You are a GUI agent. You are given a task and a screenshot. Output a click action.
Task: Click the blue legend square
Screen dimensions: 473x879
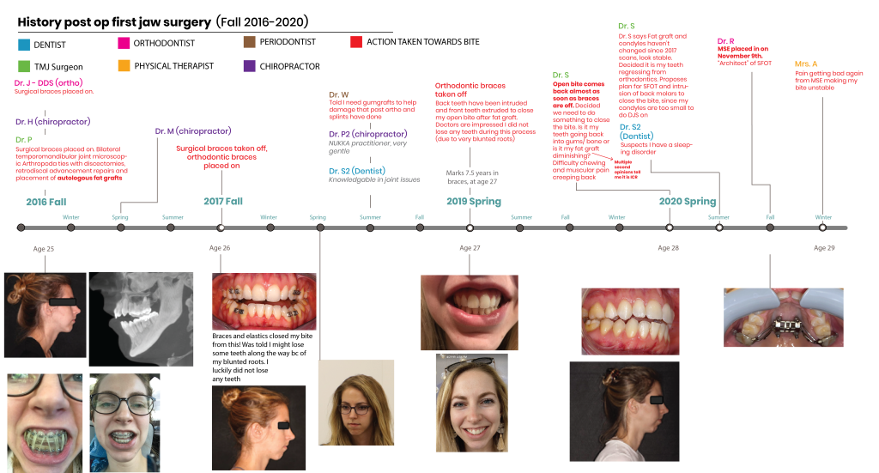click(x=24, y=44)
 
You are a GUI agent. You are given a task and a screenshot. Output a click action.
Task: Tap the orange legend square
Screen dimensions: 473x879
click(x=124, y=65)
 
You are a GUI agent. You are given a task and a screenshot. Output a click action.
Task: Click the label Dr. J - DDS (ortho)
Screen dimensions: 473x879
click(x=48, y=82)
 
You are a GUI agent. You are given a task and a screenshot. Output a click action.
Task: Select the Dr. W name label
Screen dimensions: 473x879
click(x=339, y=94)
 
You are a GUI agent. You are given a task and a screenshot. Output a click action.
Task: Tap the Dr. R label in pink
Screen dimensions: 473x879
click(x=725, y=41)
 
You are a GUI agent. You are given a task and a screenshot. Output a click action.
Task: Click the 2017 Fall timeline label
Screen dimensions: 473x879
click(x=223, y=201)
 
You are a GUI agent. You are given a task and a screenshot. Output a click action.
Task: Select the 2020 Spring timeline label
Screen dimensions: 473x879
click(x=687, y=201)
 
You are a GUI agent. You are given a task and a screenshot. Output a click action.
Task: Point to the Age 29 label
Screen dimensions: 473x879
click(x=824, y=247)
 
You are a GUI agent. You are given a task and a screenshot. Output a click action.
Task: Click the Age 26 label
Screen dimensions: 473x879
click(x=220, y=247)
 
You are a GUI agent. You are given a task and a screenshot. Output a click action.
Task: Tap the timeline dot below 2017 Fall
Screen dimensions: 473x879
click(x=221, y=227)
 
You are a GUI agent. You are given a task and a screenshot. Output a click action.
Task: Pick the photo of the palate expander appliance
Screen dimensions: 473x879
click(x=784, y=318)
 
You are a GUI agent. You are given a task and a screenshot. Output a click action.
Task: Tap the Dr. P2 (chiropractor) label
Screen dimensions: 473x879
click(x=367, y=134)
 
